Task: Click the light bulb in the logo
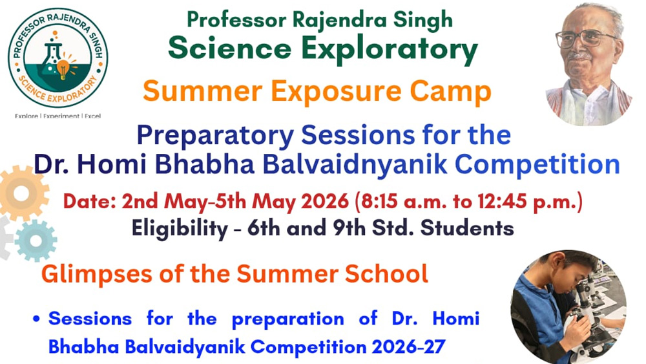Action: (63, 69)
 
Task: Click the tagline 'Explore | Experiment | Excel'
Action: (57, 116)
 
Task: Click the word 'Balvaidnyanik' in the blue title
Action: (355, 164)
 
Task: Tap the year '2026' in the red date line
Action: (325, 201)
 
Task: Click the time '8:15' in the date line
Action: (378, 201)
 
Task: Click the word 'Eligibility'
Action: (180, 229)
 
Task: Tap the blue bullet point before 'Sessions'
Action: (37, 319)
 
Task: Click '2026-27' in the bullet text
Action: (408, 347)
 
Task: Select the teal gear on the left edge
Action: (36, 241)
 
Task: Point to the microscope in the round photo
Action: (589, 314)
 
